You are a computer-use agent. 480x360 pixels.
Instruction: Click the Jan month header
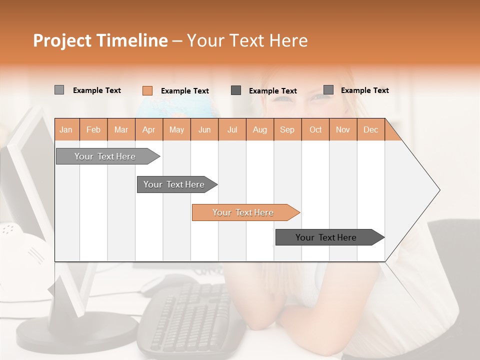66,129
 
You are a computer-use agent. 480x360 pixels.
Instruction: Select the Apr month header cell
148,129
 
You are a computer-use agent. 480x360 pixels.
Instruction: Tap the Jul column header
232,129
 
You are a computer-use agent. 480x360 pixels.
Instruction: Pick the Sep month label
287,129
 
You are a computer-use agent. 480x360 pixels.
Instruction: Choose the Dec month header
370,129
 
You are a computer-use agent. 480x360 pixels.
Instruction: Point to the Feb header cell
93,129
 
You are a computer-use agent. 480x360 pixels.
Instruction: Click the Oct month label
315,129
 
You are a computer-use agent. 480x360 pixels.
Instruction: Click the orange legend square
147,90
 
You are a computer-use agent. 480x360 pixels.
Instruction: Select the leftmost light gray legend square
59,90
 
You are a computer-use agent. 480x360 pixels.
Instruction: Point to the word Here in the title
288,40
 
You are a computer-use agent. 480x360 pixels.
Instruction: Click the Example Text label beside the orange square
184,91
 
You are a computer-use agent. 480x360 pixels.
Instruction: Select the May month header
176,129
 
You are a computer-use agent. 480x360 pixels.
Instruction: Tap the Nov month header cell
342,129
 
